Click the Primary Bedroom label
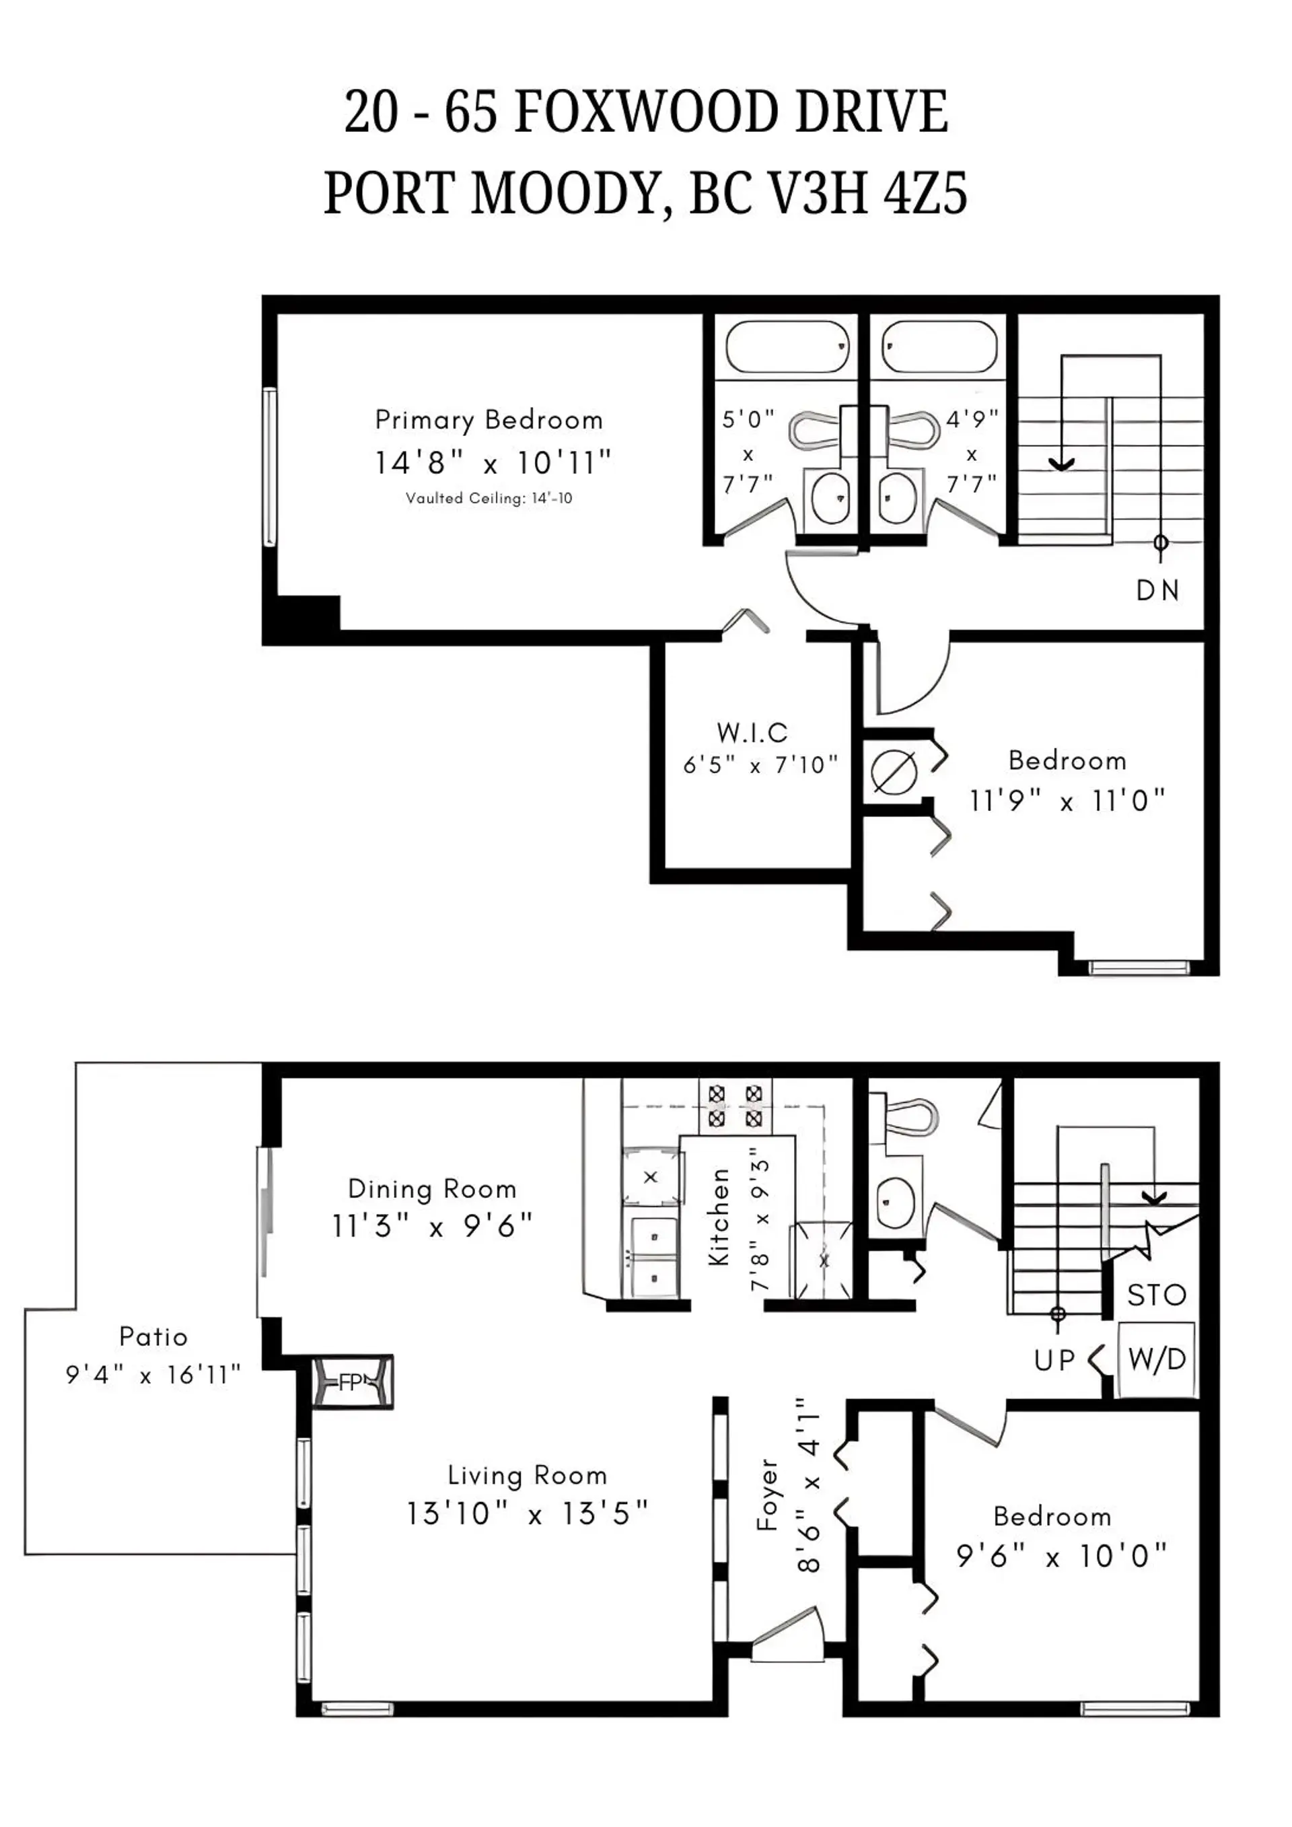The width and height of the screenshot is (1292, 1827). pos(489,419)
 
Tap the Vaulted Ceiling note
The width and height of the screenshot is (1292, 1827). pos(489,498)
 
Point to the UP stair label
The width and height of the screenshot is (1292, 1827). pos(1055,1361)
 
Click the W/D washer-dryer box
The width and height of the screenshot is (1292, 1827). pos(1157,1359)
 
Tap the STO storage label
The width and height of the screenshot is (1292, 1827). pos(1156,1295)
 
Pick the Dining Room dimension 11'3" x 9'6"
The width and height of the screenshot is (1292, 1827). pos(432,1226)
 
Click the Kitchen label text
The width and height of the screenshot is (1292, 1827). pos(719,1217)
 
